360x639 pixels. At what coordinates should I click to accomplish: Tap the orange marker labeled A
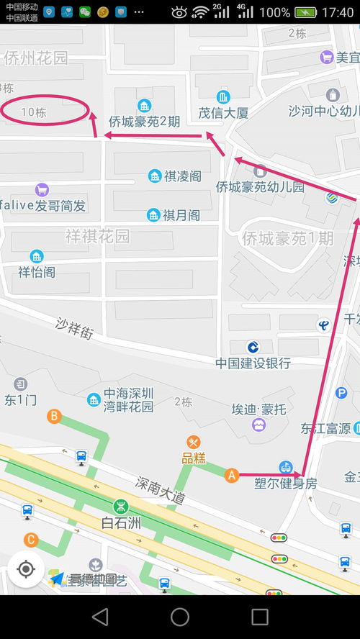232,475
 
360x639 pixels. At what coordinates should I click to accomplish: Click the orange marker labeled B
54,416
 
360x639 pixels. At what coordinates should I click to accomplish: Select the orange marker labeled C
30,539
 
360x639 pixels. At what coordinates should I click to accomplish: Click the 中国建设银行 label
253,363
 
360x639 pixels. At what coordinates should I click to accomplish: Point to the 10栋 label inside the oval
34,112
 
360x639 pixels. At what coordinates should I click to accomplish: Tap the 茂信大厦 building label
223,113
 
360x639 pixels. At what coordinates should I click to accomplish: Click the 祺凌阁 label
182,176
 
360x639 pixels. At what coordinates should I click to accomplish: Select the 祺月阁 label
181,214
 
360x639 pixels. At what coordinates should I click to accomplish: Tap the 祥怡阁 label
37,272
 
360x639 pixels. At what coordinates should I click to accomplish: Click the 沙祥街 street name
75,328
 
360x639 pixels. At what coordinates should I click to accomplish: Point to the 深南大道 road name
161,489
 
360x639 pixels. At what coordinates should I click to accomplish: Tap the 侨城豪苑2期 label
144,121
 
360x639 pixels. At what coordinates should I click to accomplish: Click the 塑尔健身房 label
285,484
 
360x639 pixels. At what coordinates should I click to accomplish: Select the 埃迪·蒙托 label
258,409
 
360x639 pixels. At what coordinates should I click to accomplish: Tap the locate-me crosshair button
26,569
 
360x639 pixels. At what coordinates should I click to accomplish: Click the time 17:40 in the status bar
338,12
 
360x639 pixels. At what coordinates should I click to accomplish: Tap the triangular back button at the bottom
100,617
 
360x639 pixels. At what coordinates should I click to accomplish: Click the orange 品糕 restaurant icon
193,443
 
